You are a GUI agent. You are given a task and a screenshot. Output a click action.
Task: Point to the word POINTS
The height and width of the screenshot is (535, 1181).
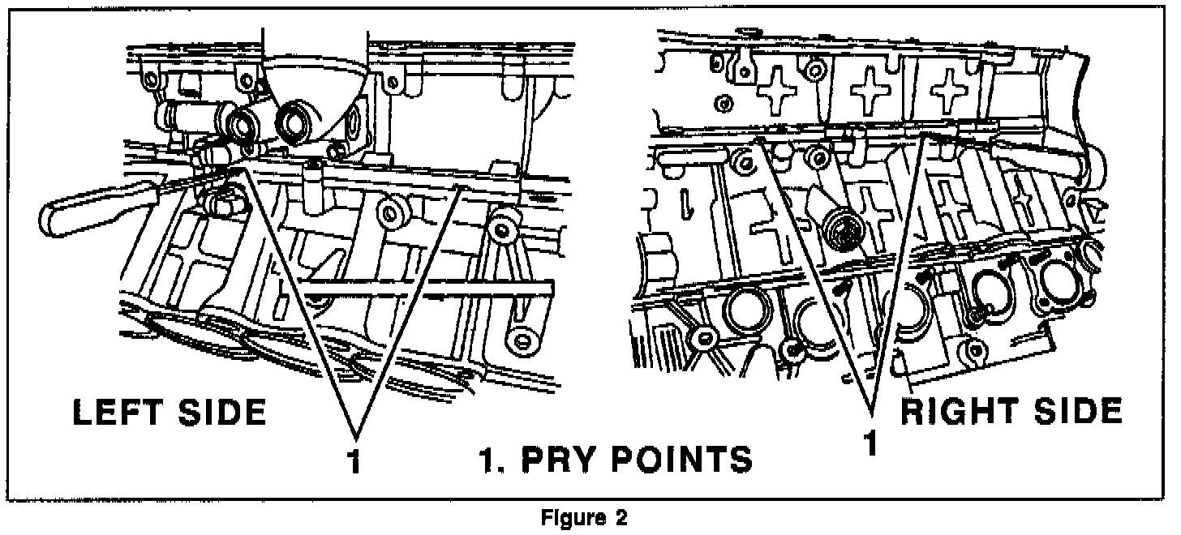(x=681, y=459)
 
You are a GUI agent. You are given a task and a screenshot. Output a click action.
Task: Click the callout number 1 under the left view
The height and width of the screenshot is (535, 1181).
(x=353, y=460)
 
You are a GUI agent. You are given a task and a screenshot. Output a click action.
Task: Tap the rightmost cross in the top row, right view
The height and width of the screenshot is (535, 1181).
(x=950, y=93)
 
